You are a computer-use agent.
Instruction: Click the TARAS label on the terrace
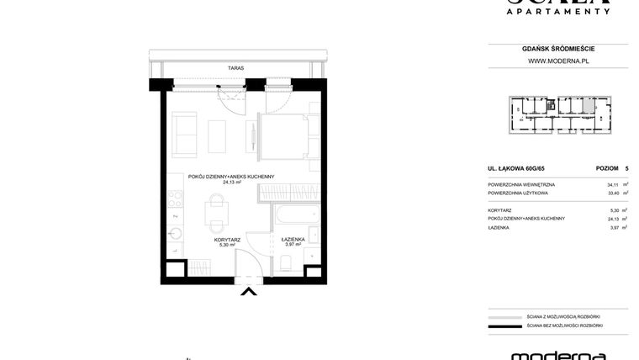[x=235, y=68]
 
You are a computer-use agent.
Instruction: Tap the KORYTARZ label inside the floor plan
[x=227, y=240]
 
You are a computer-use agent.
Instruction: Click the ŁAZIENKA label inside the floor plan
[x=292, y=240]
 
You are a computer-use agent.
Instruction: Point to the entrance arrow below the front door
[x=249, y=292]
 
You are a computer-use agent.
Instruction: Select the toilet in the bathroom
[x=285, y=264]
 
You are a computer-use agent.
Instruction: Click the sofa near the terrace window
[x=184, y=132]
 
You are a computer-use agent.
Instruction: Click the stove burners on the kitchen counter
[x=175, y=201]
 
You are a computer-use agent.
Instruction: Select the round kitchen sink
[x=175, y=233]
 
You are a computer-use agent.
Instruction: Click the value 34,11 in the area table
[x=613, y=184]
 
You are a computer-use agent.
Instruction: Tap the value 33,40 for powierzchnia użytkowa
[x=613, y=193]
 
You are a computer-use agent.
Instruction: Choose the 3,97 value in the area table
[x=614, y=227]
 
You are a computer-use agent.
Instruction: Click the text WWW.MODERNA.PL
[x=557, y=61]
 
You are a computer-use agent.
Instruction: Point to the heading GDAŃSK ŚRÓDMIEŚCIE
[x=557, y=49]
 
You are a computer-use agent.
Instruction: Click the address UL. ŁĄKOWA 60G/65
[x=516, y=168]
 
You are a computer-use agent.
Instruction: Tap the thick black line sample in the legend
[x=505, y=326]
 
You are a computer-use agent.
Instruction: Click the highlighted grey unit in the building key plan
[x=550, y=106]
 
